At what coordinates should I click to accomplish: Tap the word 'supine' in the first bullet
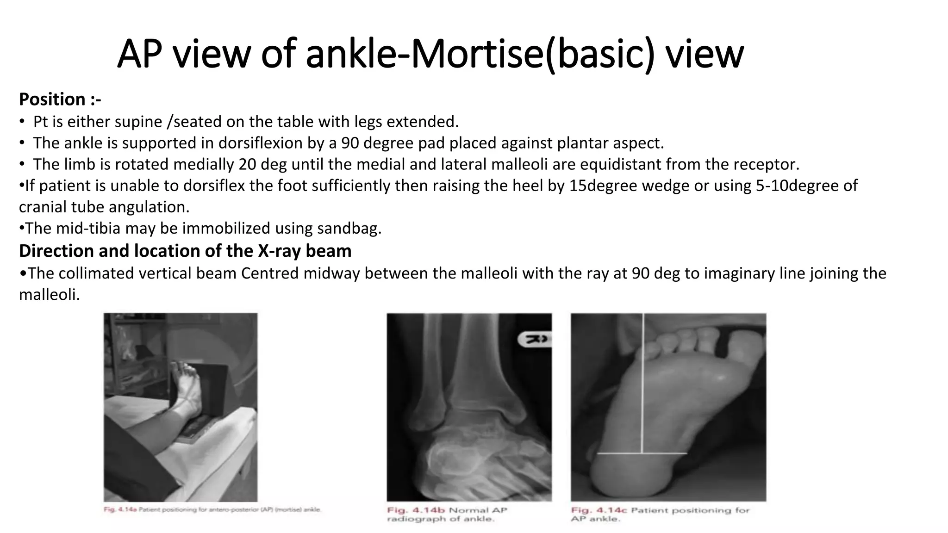pos(140,122)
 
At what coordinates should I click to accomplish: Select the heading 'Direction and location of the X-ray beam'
pos(185,251)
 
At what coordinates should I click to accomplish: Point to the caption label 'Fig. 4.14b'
pos(416,510)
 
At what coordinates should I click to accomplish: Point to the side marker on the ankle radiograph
pos(535,339)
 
